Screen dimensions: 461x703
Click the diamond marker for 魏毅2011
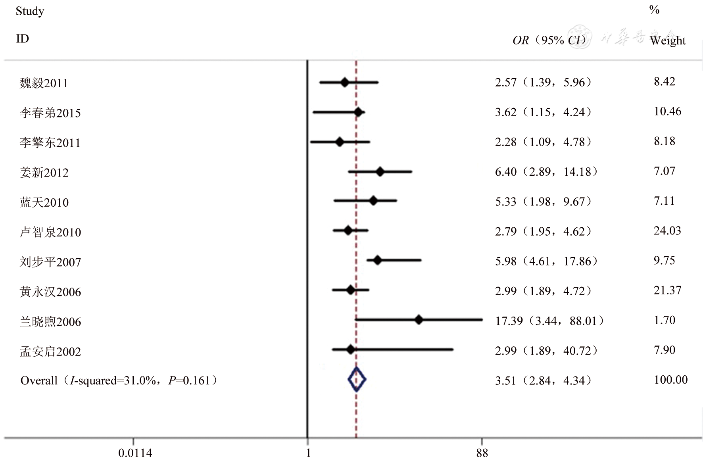tap(344, 83)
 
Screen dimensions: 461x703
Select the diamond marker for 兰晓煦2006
tap(419, 320)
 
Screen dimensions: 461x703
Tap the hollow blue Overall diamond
tap(357, 380)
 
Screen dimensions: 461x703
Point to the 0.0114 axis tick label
tap(135, 453)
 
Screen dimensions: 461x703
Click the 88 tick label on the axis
tap(482, 453)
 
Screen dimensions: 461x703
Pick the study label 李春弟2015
tap(50, 113)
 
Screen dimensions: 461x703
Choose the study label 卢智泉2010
tap(50, 232)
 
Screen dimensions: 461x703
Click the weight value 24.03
tap(667, 230)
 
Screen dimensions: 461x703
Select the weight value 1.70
tap(665, 320)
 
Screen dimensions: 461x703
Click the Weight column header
tap(668, 40)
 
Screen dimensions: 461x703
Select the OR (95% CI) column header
tap(549, 40)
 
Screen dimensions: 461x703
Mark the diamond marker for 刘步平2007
tap(377, 260)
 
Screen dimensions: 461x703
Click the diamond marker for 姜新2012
tap(380, 172)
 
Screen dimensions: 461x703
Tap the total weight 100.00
tap(670, 380)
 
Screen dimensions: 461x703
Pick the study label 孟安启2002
tap(50, 352)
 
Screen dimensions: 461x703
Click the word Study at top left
tap(30, 11)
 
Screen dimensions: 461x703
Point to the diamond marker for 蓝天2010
tap(373, 201)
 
